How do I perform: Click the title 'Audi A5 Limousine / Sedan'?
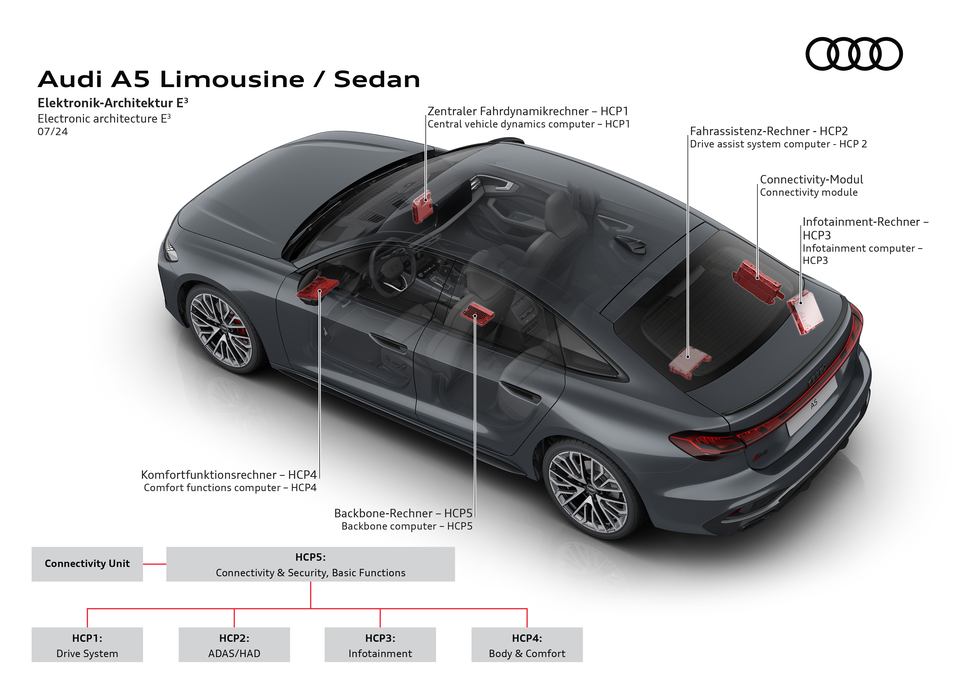229,79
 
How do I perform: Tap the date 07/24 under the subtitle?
52,132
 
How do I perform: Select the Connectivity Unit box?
87,564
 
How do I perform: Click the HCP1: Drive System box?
87,645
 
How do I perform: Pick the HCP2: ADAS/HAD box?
234,645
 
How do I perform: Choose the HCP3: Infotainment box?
380,645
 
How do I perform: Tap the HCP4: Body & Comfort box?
527,645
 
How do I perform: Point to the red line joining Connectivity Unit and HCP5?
155,564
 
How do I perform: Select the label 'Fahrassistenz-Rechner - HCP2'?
769,131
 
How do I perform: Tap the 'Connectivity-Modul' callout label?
811,180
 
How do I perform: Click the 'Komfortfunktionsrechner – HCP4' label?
229,475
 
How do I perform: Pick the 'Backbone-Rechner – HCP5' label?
403,513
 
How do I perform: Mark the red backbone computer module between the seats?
477,313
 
